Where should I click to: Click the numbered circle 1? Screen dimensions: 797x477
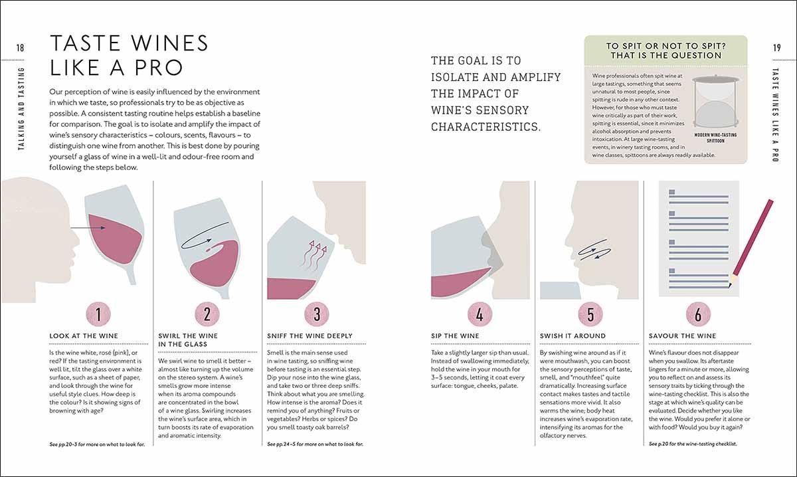coord(98,314)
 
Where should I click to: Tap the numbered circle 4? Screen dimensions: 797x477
coord(480,314)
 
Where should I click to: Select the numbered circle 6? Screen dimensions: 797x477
coord(698,314)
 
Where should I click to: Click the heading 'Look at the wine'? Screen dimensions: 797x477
coord(84,335)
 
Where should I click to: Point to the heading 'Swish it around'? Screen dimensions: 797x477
coord(573,335)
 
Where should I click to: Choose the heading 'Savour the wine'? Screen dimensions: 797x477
coord(683,335)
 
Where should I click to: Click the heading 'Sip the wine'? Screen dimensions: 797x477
coord(455,335)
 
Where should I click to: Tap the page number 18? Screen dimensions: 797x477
coord(20,48)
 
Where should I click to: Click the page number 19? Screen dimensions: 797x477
coord(777,48)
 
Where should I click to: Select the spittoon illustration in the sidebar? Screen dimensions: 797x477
coord(715,102)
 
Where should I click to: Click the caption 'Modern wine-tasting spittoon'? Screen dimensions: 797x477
coord(715,138)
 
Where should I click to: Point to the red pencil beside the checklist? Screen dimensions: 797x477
coord(751,244)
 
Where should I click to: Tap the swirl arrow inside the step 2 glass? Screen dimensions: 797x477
coord(205,235)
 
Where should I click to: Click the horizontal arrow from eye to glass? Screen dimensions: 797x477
coord(88,227)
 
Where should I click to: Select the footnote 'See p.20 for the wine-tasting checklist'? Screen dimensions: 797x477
coord(693,444)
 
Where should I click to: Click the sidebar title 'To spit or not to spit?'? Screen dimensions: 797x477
coord(665,47)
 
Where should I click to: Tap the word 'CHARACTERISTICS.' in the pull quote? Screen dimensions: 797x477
coord(486,127)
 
